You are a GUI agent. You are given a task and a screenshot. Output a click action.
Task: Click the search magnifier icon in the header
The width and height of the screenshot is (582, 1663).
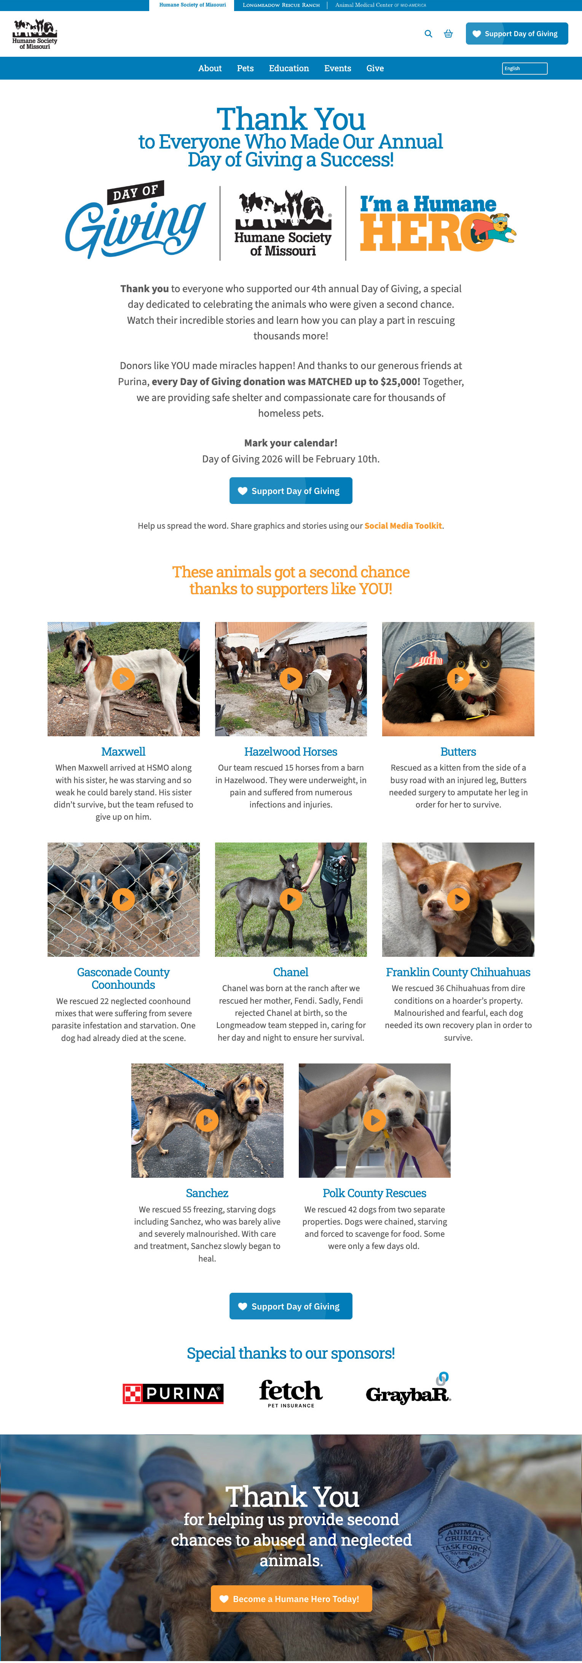429,34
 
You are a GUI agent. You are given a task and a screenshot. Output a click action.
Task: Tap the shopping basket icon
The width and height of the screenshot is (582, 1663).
448,34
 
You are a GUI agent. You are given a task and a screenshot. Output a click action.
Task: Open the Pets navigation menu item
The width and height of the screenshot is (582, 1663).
245,69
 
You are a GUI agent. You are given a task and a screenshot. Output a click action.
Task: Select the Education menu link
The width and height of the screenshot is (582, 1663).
289,69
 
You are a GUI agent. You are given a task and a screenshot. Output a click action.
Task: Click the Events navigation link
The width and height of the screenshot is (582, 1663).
338,69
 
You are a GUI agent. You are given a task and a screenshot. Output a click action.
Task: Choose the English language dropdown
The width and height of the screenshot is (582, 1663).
525,69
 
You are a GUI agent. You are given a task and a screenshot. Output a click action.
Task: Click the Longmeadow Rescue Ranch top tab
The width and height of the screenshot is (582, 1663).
281,5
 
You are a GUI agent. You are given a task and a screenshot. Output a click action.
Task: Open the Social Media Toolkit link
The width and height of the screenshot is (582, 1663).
403,526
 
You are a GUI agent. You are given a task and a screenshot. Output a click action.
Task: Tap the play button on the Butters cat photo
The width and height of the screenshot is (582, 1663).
458,678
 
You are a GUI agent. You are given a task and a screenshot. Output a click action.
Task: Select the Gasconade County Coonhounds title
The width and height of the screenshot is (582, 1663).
123,978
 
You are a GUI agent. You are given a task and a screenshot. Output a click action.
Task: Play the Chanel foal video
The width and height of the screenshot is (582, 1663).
291,899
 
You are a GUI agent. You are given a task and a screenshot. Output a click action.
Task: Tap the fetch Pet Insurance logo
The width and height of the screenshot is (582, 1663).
291,1393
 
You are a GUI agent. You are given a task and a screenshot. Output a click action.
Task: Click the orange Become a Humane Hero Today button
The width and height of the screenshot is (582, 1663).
291,1599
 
